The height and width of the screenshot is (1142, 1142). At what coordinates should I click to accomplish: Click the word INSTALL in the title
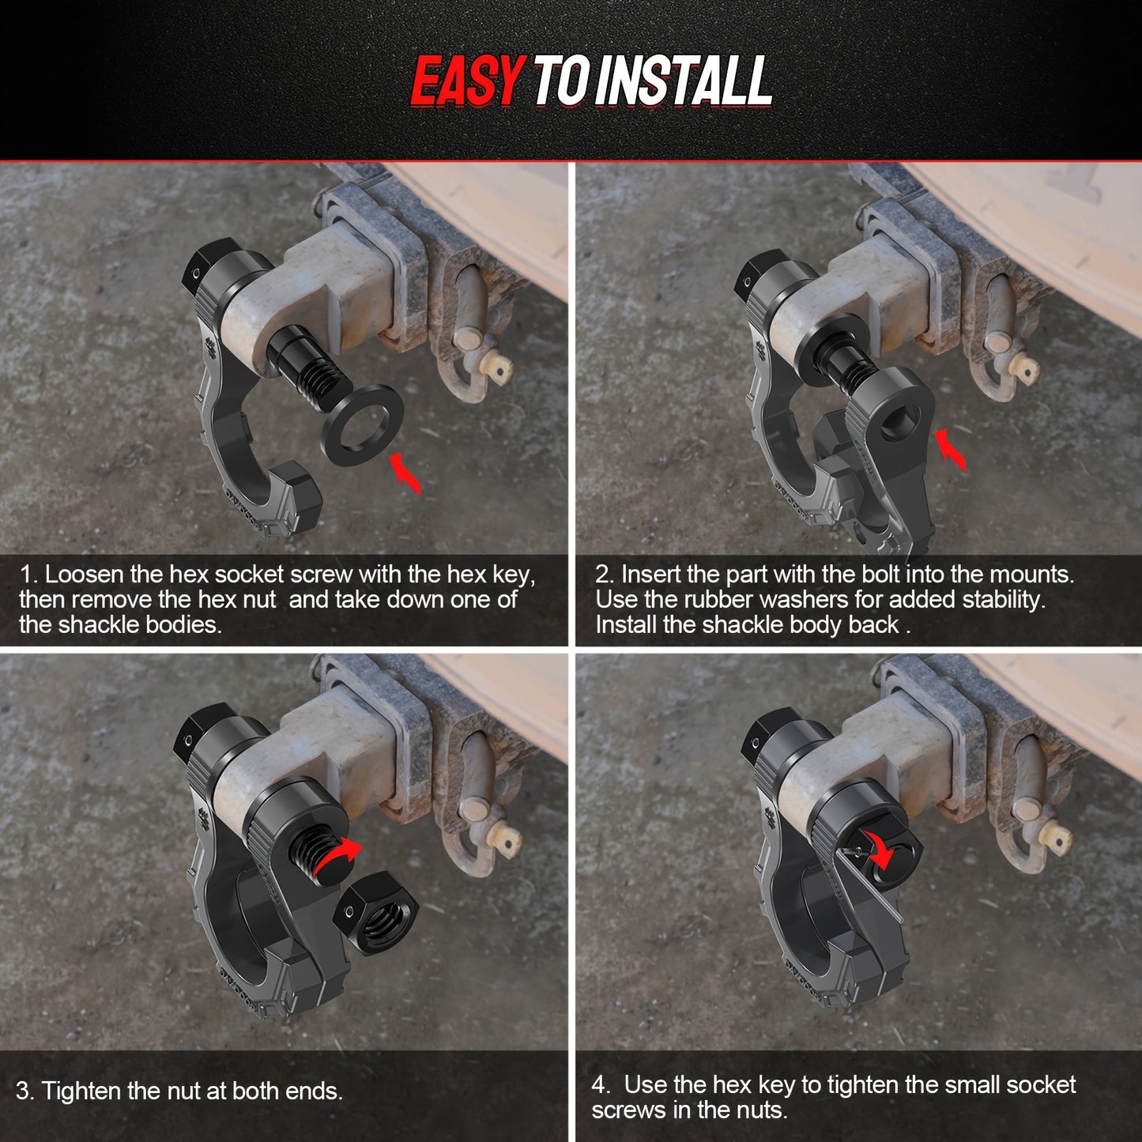click(x=681, y=81)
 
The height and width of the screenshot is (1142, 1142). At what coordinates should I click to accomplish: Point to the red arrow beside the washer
click(x=406, y=473)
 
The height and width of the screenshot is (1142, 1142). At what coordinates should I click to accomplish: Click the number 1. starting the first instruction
click(x=29, y=575)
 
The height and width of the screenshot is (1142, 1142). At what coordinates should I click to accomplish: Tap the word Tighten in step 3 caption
click(x=79, y=1091)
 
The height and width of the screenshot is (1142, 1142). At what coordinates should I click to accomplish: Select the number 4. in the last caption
click(x=601, y=1084)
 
